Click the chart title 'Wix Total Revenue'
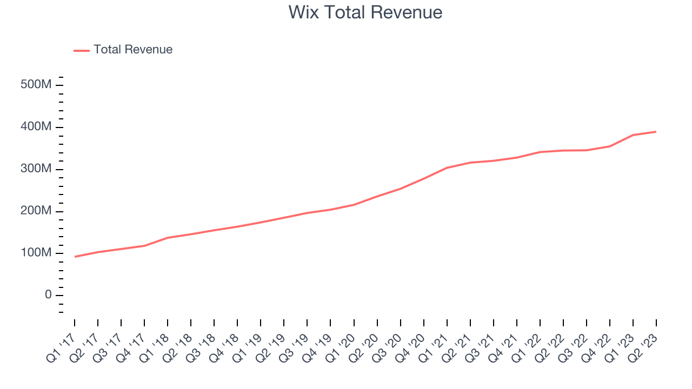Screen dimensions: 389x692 (x=365, y=12)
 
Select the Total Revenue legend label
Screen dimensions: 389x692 (x=132, y=50)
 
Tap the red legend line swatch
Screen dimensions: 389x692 (x=82, y=50)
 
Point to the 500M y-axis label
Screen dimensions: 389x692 (x=36, y=85)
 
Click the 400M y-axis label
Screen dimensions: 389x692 (x=36, y=128)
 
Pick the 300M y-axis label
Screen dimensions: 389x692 (x=36, y=169)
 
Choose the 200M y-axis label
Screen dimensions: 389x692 (x=36, y=211)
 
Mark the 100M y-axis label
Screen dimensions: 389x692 (x=36, y=253)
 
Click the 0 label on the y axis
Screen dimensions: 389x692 (x=49, y=295)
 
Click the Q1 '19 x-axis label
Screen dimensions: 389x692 (x=248, y=347)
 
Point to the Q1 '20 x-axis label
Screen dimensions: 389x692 (x=341, y=347)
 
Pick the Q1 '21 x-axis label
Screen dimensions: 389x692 (x=434, y=347)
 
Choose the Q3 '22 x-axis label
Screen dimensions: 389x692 (x=574, y=347)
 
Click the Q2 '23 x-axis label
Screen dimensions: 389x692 (x=643, y=347)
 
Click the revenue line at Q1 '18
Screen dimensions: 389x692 (x=168, y=238)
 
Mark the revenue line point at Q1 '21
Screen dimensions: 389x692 (x=447, y=167)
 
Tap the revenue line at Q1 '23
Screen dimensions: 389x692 (x=633, y=135)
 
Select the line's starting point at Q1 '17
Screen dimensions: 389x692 (x=75, y=257)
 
